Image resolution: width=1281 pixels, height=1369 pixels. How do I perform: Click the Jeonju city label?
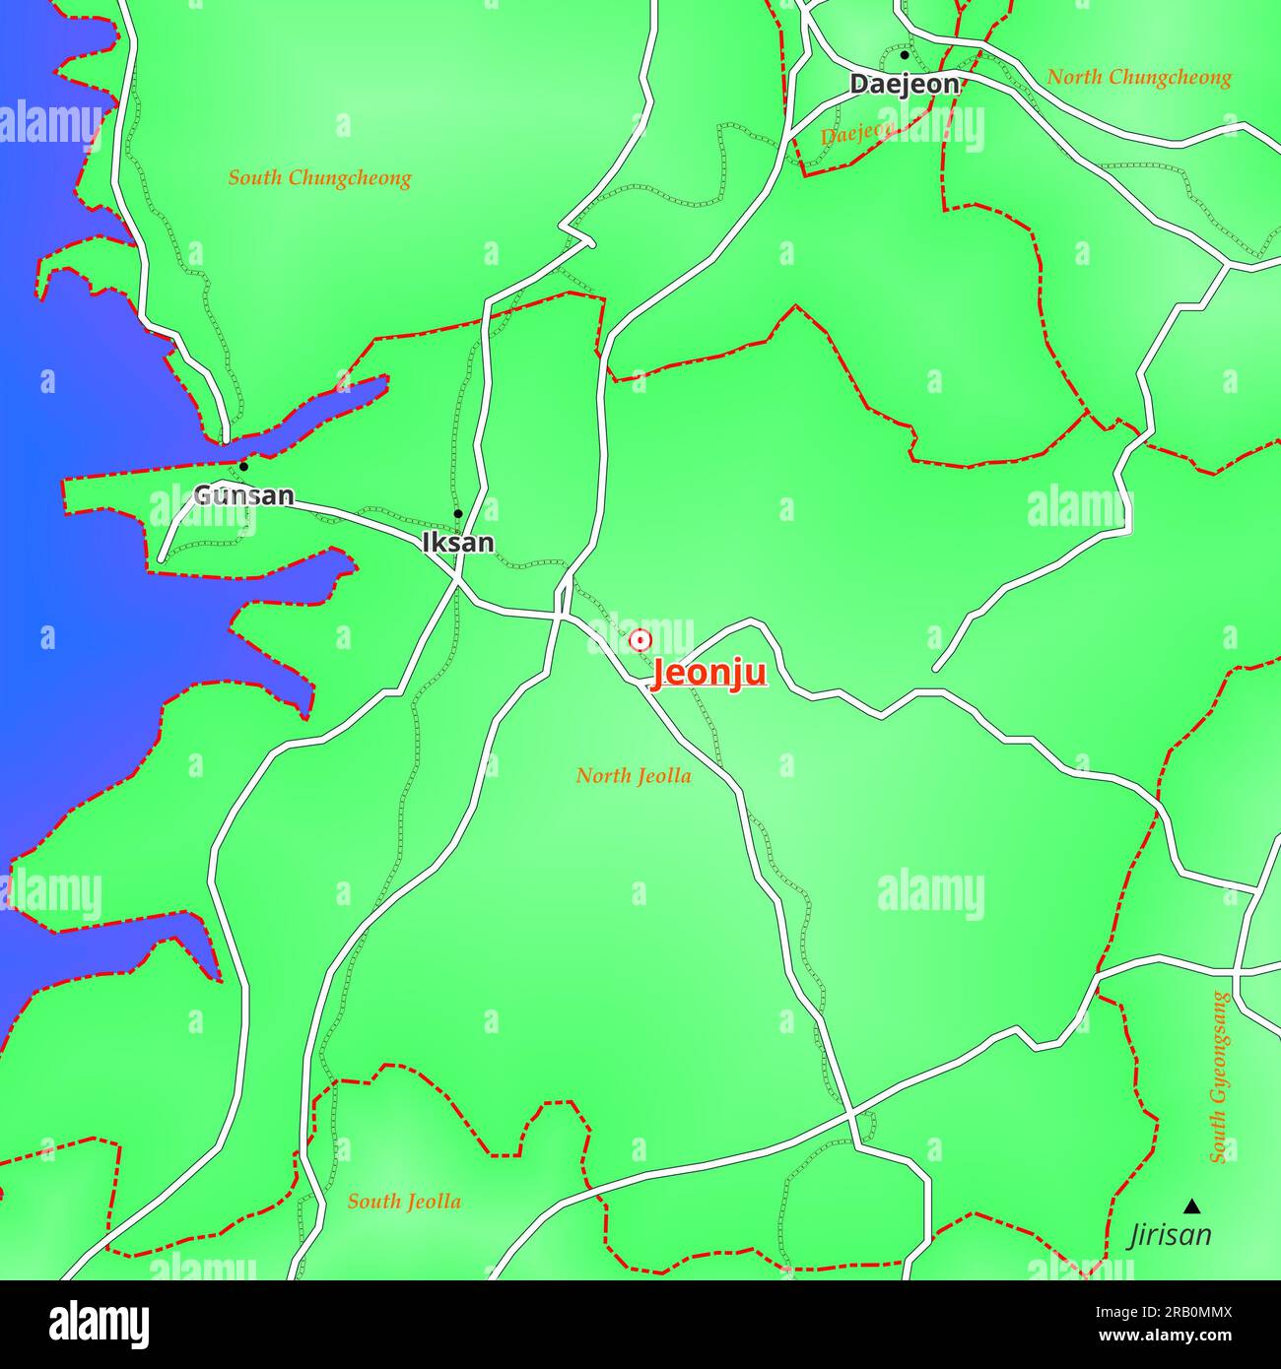click(708, 674)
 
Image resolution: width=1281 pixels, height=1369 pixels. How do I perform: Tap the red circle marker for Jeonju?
click(640, 640)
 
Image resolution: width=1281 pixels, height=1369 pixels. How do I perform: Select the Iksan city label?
click(457, 543)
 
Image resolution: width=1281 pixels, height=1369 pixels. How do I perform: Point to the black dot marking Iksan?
click(457, 514)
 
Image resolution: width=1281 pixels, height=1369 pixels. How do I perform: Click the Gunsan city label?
click(243, 495)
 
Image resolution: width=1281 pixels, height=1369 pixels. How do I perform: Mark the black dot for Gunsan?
click(243, 467)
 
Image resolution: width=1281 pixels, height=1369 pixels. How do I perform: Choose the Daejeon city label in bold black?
click(904, 85)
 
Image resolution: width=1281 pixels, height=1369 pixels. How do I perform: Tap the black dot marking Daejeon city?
click(905, 55)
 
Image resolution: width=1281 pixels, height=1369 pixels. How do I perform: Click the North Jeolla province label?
click(634, 776)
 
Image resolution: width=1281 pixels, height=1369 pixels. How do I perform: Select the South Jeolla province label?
click(404, 1202)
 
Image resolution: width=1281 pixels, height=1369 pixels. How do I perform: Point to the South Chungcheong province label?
click(319, 178)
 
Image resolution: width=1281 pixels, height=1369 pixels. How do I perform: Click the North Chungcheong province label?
click(1138, 77)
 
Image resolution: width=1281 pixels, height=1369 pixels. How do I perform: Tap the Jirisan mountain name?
click(1170, 1235)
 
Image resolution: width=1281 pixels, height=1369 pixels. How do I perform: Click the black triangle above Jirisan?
click(1192, 1206)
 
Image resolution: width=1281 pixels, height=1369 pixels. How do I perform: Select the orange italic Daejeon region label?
click(855, 134)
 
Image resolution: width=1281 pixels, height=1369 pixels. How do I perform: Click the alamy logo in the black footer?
click(99, 1325)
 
